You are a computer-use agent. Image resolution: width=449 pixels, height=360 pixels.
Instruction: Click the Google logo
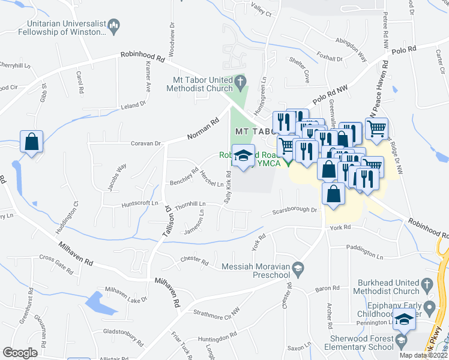point(20,352)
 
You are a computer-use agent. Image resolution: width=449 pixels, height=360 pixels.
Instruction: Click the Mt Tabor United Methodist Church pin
point(240,80)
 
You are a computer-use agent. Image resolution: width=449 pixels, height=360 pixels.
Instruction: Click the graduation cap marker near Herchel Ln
point(243,157)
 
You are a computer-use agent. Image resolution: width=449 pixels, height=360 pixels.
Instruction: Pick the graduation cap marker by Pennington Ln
point(406,320)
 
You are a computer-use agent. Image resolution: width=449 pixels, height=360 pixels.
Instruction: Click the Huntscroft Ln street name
point(138,203)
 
